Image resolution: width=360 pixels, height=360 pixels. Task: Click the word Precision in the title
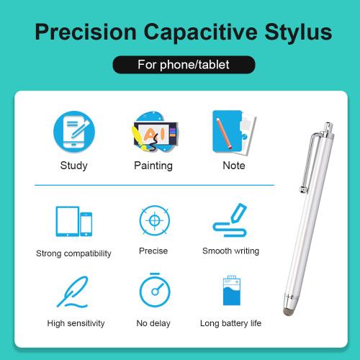[x=86, y=32]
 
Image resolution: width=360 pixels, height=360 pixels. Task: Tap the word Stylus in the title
[x=298, y=32]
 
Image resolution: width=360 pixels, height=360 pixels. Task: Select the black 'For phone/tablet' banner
[x=184, y=65]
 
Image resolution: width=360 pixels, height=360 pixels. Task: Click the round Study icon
[x=74, y=132]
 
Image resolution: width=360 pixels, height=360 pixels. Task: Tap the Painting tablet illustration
[x=156, y=132]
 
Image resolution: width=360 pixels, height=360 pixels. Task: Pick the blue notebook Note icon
[x=234, y=132]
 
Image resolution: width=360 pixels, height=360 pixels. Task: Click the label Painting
[x=153, y=166]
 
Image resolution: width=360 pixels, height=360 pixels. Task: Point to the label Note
[x=234, y=166]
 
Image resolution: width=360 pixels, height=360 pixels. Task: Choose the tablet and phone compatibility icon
[x=74, y=221]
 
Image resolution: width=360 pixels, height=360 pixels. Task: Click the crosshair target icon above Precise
[x=155, y=220]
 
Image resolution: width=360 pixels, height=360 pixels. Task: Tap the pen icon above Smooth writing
[x=230, y=220]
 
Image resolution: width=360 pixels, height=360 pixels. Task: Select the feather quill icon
[x=73, y=292]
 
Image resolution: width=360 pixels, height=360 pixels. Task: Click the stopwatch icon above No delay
[x=155, y=290]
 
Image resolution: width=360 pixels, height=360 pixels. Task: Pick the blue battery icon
[x=232, y=290]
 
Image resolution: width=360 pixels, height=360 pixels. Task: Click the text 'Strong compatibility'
[x=73, y=253]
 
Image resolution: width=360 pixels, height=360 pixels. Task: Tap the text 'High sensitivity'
[x=76, y=323]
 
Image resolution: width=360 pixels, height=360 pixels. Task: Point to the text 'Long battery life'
[x=230, y=323]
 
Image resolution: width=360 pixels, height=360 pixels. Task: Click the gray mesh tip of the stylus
[x=288, y=311]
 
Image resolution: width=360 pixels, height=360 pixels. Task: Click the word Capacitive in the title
[x=201, y=32]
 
